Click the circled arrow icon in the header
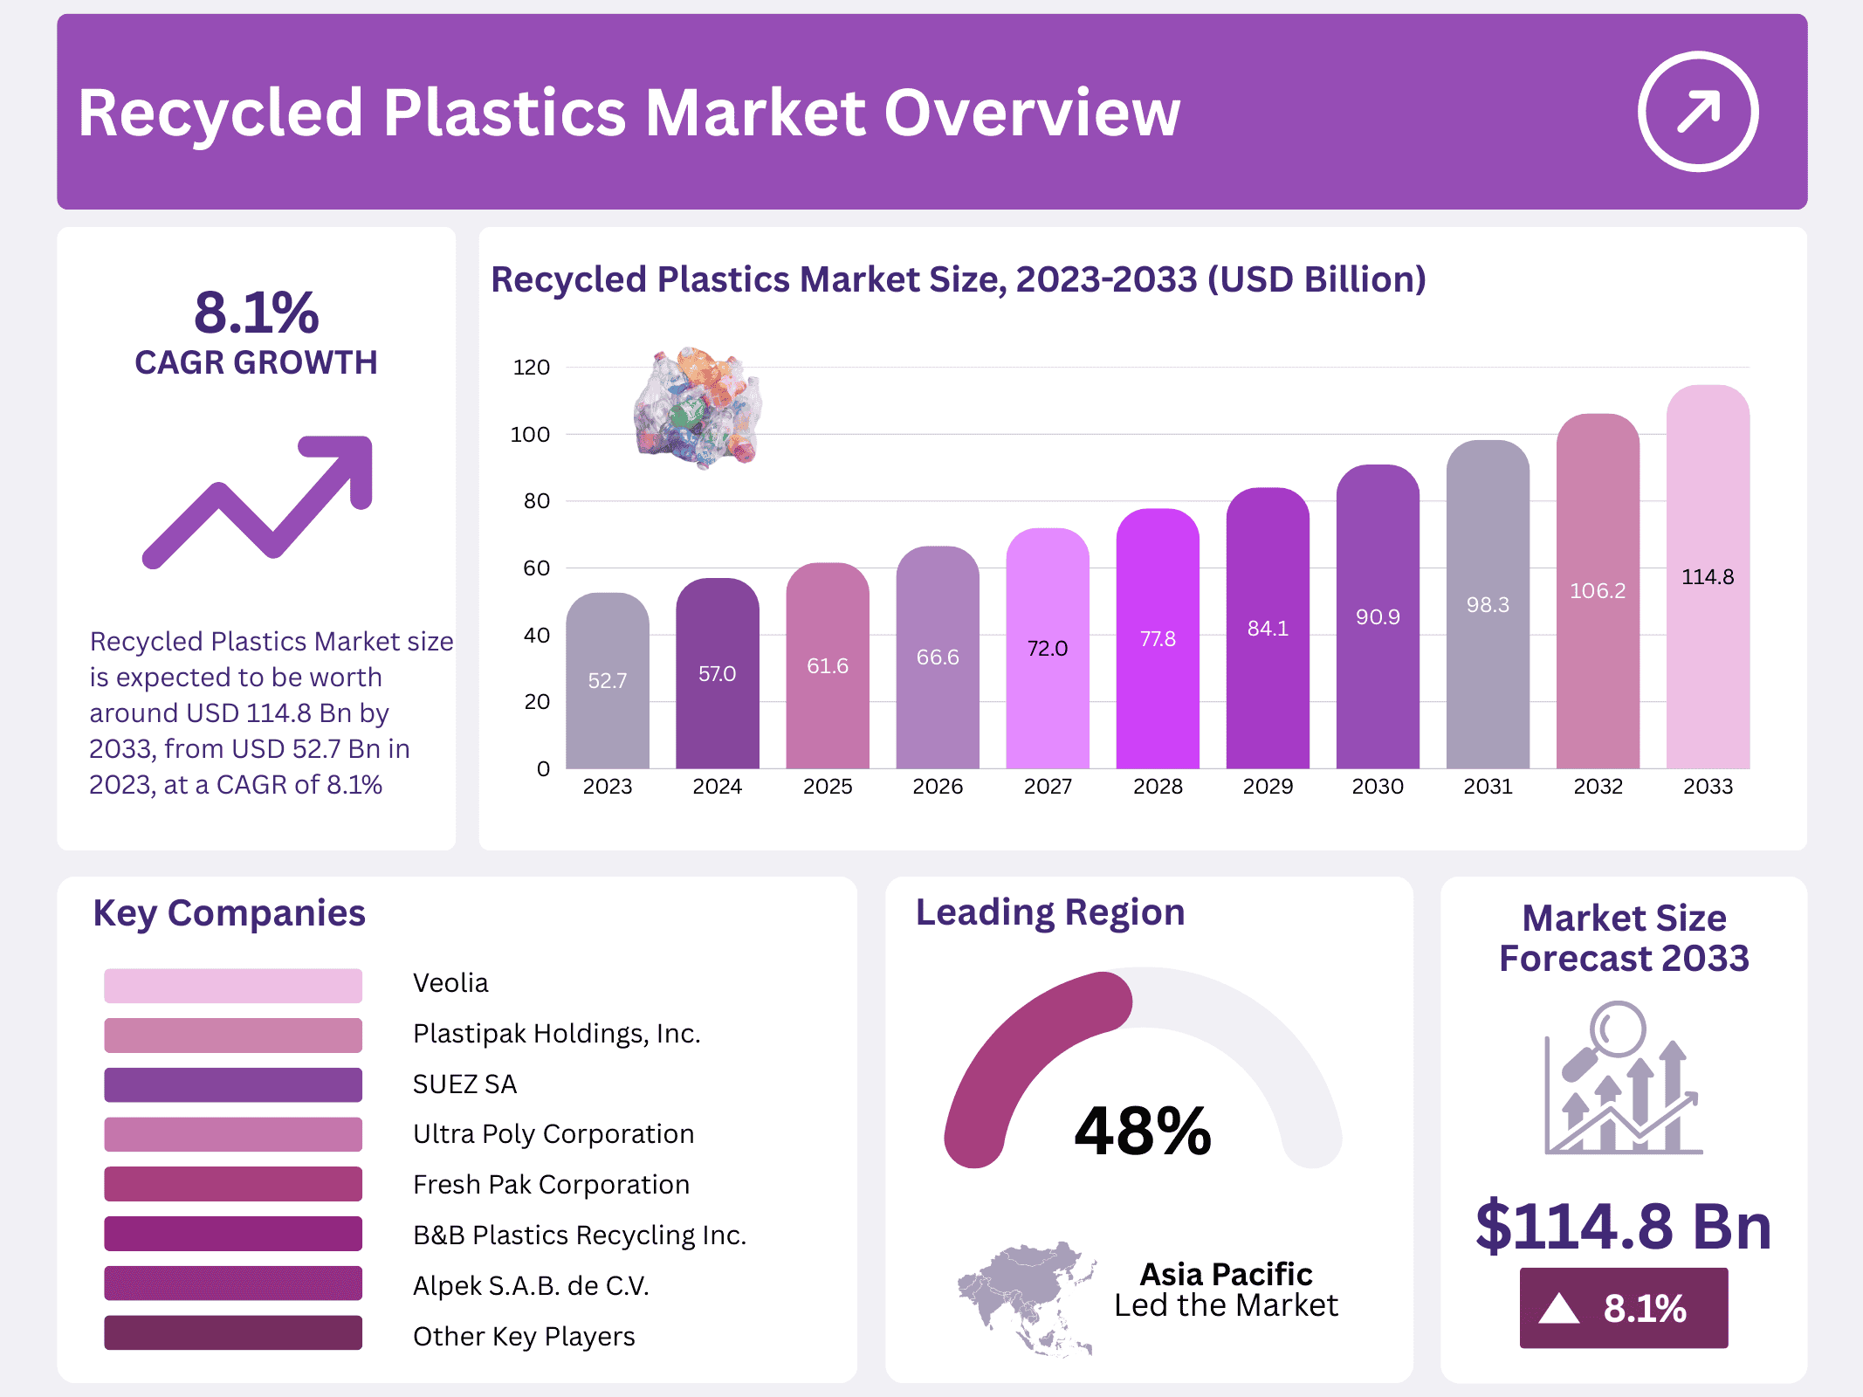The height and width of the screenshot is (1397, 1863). [1697, 112]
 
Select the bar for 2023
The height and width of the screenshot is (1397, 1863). [607, 681]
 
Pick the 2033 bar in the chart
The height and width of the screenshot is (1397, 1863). [1707, 576]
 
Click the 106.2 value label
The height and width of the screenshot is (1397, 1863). [1597, 591]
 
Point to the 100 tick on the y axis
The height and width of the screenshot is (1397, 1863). [530, 435]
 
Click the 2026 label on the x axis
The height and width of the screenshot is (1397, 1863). [937, 787]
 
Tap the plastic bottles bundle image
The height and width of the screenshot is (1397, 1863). [698, 408]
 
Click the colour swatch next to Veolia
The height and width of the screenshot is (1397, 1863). [233, 985]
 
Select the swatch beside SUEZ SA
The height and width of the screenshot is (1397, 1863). [233, 1084]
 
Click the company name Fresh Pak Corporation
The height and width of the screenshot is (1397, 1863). [551, 1185]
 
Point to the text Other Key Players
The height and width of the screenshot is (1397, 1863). [524, 1337]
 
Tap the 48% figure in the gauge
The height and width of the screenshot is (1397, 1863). [1143, 1132]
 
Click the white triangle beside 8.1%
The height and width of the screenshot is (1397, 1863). [1559, 1309]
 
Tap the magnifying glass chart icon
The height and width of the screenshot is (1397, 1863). [1623, 1079]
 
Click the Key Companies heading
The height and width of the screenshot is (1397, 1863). [229, 913]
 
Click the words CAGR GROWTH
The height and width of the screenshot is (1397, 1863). [256, 362]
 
